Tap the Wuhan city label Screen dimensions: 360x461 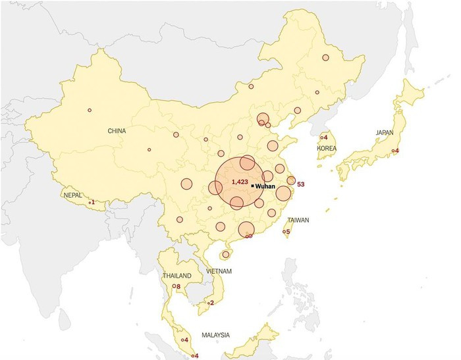[265, 186]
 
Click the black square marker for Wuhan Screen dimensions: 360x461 [252, 186]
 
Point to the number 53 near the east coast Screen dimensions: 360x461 [301, 184]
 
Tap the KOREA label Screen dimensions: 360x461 [327, 149]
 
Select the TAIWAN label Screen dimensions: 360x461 [298, 220]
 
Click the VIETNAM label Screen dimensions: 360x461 [218, 271]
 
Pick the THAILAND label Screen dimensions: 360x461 [177, 275]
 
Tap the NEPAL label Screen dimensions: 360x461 [72, 195]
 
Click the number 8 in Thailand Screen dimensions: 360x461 [178, 286]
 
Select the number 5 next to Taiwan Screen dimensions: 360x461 [288, 232]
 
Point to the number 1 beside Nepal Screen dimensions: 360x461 [93, 202]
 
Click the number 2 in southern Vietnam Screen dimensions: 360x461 [211, 303]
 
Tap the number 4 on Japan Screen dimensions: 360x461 [397, 151]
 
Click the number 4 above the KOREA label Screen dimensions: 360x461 [326, 138]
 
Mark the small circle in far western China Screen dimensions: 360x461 [89, 110]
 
